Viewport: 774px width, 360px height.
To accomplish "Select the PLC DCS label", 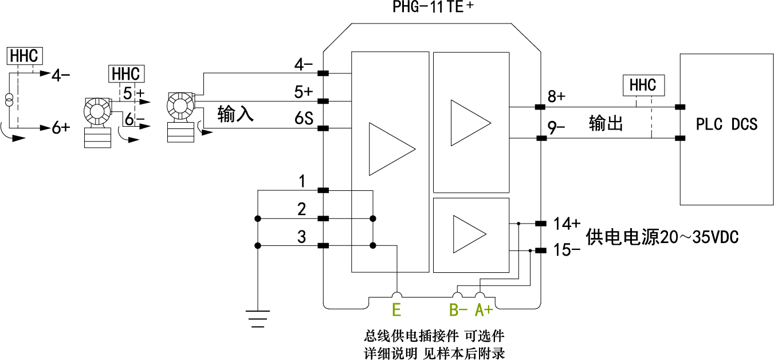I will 726,124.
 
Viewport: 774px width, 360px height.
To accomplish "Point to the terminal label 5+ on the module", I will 303,92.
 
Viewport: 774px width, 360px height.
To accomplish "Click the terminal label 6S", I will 304,119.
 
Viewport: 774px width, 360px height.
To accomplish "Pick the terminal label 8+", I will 556,96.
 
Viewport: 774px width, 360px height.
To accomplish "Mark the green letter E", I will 396,311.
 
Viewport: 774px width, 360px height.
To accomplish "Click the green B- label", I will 458,311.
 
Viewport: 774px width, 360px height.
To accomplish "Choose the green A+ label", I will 484,311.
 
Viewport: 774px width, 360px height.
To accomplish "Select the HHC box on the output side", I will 642,85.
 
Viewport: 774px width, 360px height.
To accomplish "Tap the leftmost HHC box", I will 24,56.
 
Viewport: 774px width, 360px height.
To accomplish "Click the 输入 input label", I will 235,115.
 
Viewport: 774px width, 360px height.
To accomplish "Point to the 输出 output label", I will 606,124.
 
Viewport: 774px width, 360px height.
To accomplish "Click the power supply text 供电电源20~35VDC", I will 662,237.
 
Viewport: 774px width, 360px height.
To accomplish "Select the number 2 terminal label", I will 302,209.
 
